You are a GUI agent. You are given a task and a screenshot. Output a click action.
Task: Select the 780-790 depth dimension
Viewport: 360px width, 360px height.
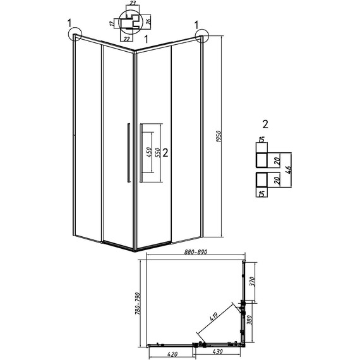point(138,301)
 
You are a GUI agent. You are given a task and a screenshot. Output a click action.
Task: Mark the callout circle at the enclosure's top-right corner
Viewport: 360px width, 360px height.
point(201,36)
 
